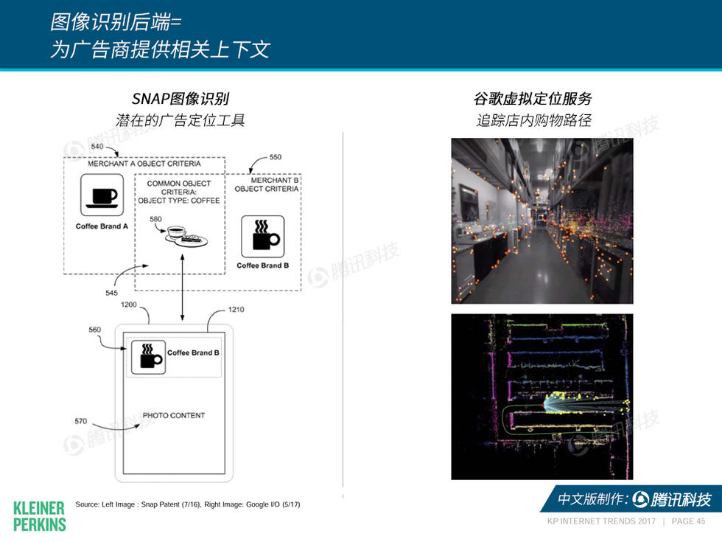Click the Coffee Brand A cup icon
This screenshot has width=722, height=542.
102,195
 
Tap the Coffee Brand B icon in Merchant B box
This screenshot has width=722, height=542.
263,236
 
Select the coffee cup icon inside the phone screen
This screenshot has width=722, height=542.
147,357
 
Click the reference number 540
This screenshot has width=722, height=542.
97,147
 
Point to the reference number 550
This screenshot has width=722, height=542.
275,157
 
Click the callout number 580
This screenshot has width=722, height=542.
155,219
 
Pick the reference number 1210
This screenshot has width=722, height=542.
236,310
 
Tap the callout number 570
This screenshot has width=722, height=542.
81,421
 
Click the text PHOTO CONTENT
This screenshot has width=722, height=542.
174,415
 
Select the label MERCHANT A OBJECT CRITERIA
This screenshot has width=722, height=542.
144,164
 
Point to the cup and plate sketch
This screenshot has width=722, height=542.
186,236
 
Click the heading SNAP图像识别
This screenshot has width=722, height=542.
180,99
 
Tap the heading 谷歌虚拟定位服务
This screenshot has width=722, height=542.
533,99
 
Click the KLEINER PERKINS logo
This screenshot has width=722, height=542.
39,515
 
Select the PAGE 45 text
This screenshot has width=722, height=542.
688,521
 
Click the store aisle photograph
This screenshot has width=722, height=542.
541,220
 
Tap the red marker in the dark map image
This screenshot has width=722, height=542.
544,405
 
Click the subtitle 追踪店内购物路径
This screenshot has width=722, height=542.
533,120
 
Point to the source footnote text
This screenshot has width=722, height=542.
187,504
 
